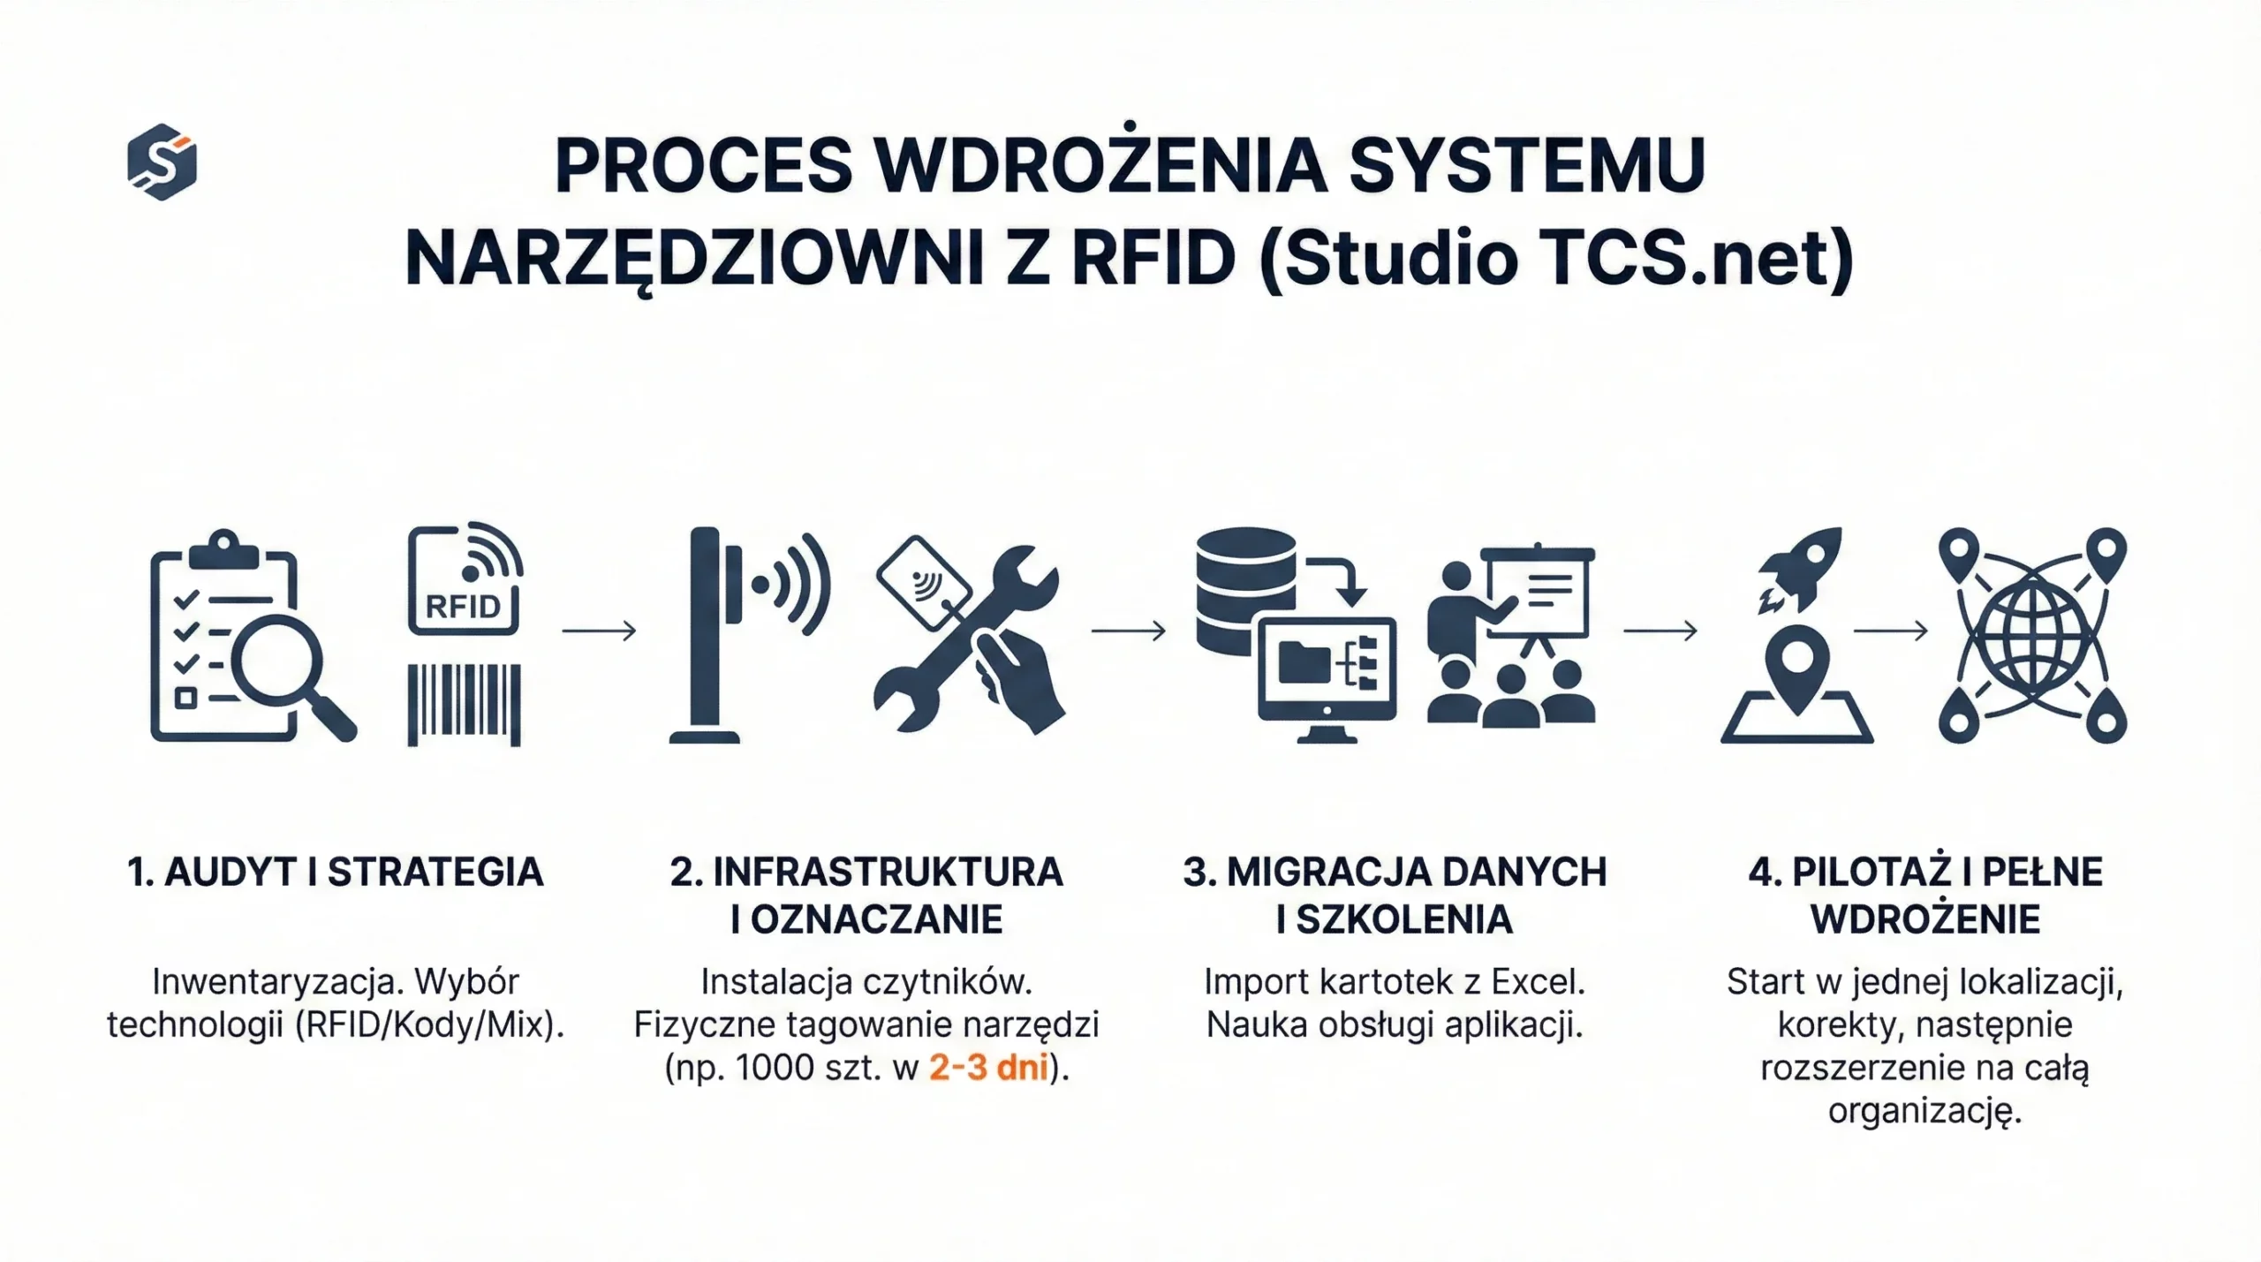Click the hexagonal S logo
pyautogui.click(x=162, y=162)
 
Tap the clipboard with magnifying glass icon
pyautogui.click(x=253, y=637)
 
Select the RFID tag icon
pyautogui.click(x=465, y=578)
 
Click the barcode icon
pyautogui.click(x=464, y=705)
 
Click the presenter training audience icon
pyautogui.click(x=1511, y=634)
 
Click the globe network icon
pyautogui.click(x=2032, y=635)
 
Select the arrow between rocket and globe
pyautogui.click(x=1890, y=631)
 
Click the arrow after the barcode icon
pyautogui.click(x=599, y=631)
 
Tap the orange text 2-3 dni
pyautogui.click(x=988, y=1068)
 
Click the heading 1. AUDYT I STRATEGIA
pyautogui.click(x=335, y=872)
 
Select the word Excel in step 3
pyautogui.click(x=1538, y=981)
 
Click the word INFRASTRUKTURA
pyautogui.click(x=888, y=872)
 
